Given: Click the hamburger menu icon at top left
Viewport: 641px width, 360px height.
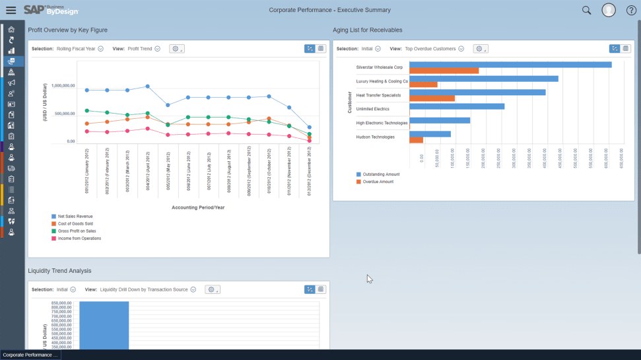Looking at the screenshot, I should pyautogui.click(x=11, y=10).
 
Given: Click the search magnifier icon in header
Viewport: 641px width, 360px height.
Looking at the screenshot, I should pyautogui.click(x=586, y=10).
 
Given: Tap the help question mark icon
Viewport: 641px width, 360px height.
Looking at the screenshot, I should pyautogui.click(x=631, y=10).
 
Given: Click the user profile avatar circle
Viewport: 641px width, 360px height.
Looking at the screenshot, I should pyautogui.click(x=609, y=10).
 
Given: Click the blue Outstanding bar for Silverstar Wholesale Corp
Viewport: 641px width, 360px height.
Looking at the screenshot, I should pyautogui.click(x=510, y=65).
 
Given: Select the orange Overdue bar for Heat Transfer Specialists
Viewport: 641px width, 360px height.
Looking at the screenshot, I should pyautogui.click(x=432, y=98).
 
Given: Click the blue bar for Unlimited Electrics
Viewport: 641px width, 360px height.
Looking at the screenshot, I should pyautogui.click(x=457, y=106).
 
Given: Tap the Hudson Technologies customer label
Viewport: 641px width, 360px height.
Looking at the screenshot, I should pyautogui.click(x=375, y=137).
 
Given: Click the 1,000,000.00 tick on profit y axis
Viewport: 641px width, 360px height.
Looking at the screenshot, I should pyautogui.click(x=63, y=86).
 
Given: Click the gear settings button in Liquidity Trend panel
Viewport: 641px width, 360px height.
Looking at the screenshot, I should pyautogui.click(x=213, y=289).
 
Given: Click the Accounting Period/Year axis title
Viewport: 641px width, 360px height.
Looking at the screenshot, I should pyautogui.click(x=198, y=207).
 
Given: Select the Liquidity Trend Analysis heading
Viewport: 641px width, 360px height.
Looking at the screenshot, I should pyautogui.click(x=59, y=271).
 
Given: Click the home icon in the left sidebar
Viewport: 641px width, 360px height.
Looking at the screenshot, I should pyautogui.click(x=11, y=30).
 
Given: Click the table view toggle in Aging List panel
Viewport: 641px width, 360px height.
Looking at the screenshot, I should pyautogui.click(x=626, y=49).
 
